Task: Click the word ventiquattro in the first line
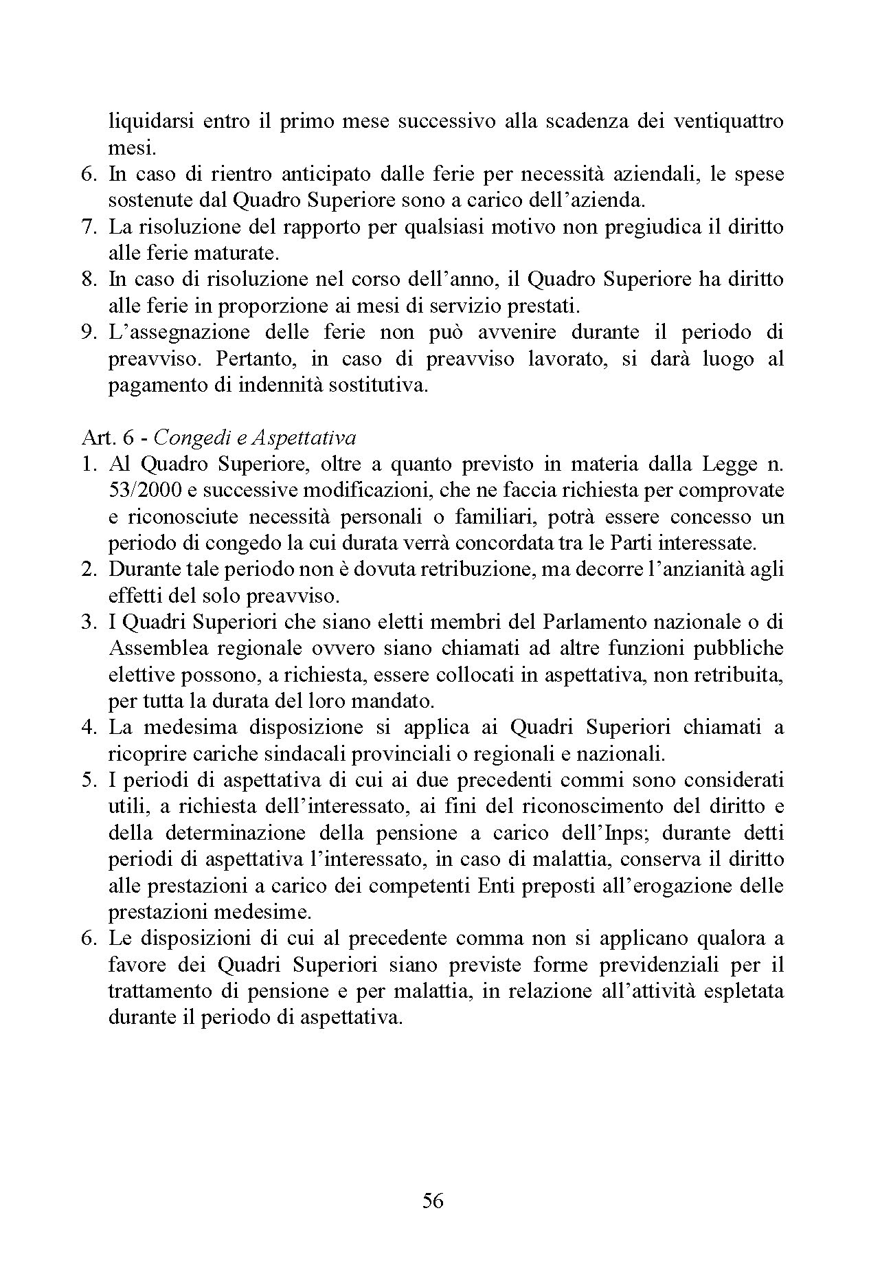728,122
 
